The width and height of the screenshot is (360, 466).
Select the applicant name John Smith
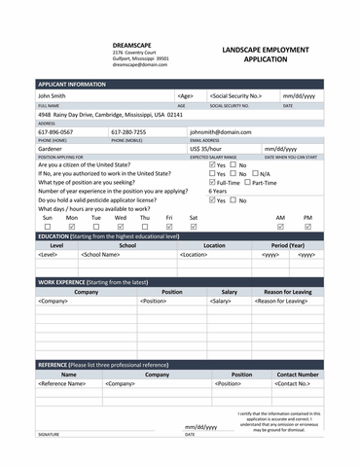tap(53, 96)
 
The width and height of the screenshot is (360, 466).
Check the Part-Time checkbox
tap(248, 182)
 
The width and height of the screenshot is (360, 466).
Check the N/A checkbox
tap(254, 174)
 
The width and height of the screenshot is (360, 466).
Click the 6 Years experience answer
tap(219, 192)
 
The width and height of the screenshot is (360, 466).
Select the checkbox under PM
tap(308, 227)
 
